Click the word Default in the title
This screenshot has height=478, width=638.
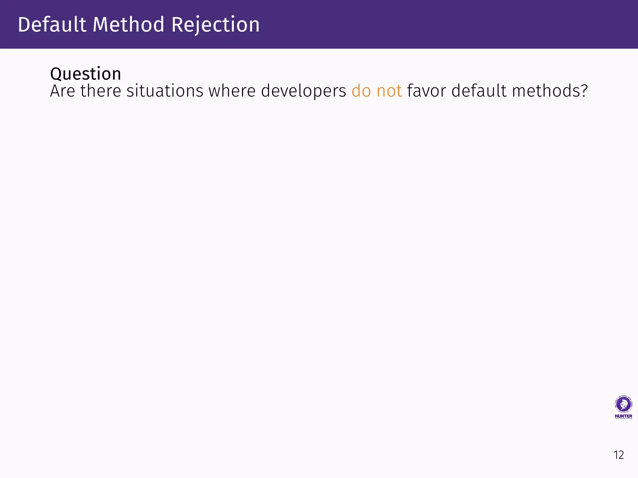point(52,25)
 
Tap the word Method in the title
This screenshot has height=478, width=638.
point(128,25)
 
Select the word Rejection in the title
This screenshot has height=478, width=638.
point(215,25)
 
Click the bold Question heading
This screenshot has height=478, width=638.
point(86,74)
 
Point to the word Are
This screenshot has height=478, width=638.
point(63,91)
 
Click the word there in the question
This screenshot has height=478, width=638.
point(101,91)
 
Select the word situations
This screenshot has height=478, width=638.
point(165,91)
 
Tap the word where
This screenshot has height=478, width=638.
point(232,91)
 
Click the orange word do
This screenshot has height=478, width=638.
point(361,91)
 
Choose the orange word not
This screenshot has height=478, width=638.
point(389,91)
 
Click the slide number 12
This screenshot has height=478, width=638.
point(619,455)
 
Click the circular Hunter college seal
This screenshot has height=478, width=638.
point(623,405)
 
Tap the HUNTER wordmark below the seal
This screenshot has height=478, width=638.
point(623,416)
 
